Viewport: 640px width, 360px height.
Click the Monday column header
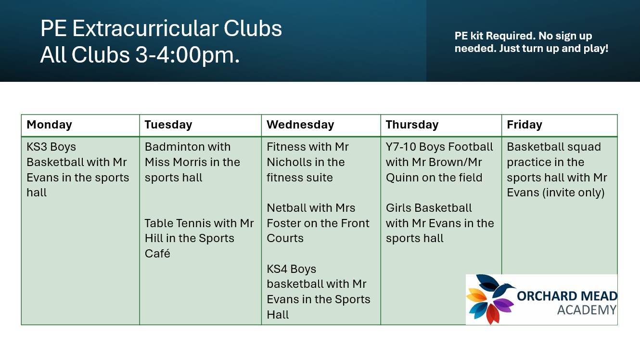(x=49, y=125)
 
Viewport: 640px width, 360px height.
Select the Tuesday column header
(x=168, y=125)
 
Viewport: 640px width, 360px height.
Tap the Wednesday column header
(x=300, y=125)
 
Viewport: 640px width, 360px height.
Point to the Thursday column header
(x=412, y=125)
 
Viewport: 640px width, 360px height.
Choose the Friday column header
(x=525, y=125)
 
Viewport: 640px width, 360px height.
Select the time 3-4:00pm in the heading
(x=187, y=55)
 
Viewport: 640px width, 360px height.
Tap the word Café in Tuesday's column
(x=157, y=254)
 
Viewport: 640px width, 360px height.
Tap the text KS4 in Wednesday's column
(x=277, y=269)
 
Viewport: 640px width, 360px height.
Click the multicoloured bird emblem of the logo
(x=490, y=299)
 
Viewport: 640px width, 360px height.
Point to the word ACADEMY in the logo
(x=587, y=310)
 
